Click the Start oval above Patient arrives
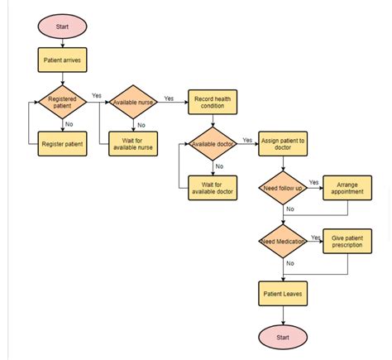tap(62, 26)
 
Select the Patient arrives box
tap(62, 60)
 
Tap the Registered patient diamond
tap(62, 103)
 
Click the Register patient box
tap(62, 145)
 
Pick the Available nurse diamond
tap(133, 103)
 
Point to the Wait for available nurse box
tap(133, 145)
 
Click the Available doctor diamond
tap(213, 144)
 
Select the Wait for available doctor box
tap(213, 187)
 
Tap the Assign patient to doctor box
tap(283, 145)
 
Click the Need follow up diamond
tap(283, 187)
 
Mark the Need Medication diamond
tap(283, 242)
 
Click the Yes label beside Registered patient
tap(97, 96)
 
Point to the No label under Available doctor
tap(219, 166)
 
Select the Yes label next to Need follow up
tap(313, 181)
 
